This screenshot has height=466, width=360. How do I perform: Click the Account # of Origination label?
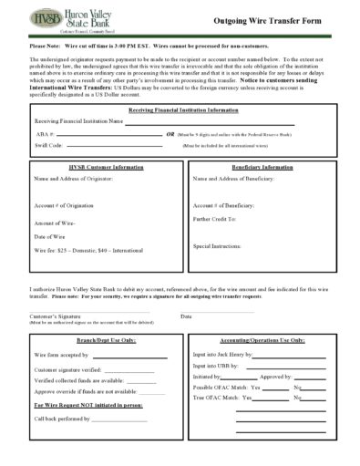[x=64, y=205]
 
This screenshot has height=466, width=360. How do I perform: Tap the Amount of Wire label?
[x=55, y=223]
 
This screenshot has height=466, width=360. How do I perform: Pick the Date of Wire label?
[x=51, y=236]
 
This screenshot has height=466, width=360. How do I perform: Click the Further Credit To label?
[x=215, y=219]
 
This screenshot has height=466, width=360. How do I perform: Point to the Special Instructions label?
[x=217, y=246]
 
